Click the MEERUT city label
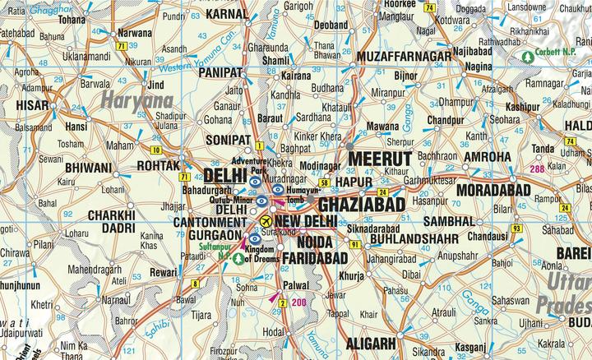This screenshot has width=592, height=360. (379, 158)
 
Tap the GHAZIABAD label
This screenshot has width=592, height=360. (361, 202)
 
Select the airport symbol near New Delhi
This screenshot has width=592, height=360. (265, 222)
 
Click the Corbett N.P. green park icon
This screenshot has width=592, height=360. (527, 57)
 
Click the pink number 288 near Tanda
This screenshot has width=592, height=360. (537, 169)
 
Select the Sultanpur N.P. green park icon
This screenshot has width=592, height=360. (238, 258)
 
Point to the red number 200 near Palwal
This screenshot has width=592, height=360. (298, 303)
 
